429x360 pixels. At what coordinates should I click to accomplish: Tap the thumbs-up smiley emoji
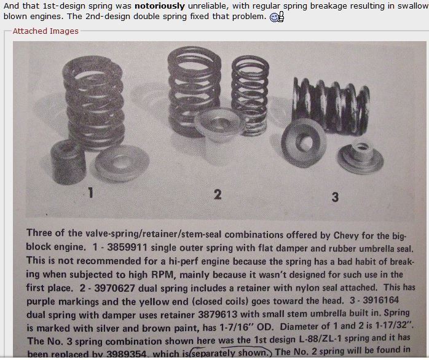pos(277,17)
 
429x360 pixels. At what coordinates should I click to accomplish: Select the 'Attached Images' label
pos(45,31)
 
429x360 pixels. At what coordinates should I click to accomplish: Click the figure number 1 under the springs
pos(90,193)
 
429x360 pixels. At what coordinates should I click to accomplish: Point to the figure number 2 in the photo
pos(217,194)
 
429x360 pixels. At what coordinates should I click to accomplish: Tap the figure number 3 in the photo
pos(334,197)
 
